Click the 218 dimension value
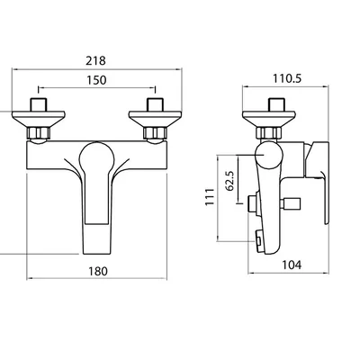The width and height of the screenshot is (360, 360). tap(95, 60)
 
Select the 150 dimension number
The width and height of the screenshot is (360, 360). tap(96, 80)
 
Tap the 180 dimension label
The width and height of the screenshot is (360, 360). tap(98, 271)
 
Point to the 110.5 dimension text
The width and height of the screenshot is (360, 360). tap(287, 78)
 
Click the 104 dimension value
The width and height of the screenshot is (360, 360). tap(292, 265)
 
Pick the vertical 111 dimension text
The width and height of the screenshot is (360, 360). tap(210, 197)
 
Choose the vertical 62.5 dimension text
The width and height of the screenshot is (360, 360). tap(230, 181)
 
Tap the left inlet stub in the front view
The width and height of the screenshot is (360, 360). tap(39, 104)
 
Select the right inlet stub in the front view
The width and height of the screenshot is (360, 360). tap(155, 104)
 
